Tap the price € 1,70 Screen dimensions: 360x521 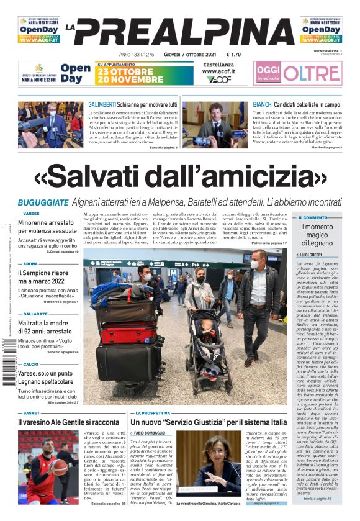click(x=233, y=54)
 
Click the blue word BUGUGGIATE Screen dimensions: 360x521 click(x=43, y=203)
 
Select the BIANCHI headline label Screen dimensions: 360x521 click(x=267, y=105)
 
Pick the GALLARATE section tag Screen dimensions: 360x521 click(x=35, y=314)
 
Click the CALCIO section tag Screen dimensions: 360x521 click(x=31, y=365)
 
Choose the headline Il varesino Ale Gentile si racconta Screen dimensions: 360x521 click(x=68, y=422)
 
